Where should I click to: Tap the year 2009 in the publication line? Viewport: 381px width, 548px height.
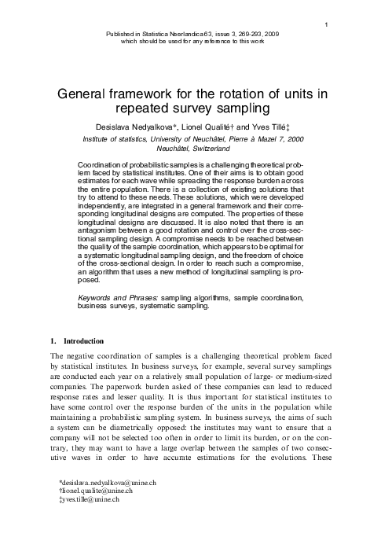pyautogui.click(x=271, y=36)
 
